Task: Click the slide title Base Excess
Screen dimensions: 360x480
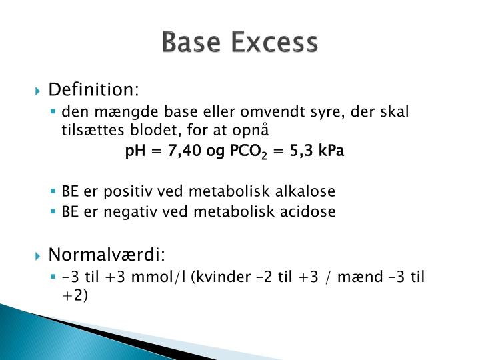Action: [x=240, y=43]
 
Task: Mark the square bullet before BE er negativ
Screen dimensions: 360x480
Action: [x=55, y=212]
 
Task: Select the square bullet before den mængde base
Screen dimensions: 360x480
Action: [x=55, y=111]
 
